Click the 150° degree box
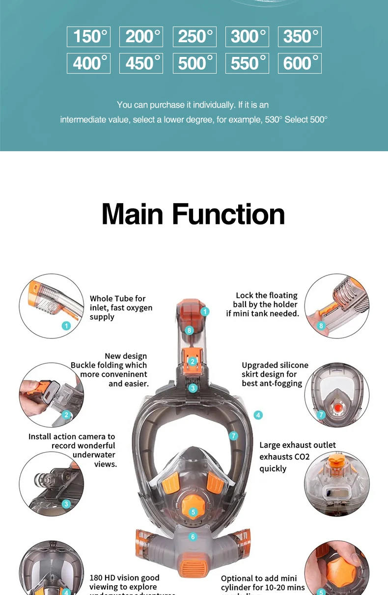[x=88, y=37]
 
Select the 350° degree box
[x=300, y=37]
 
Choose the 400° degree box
[x=88, y=63]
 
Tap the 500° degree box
[x=194, y=63]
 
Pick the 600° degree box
[x=300, y=63]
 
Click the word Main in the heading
[x=132, y=214]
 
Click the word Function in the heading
[x=228, y=214]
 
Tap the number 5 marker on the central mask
[x=193, y=512]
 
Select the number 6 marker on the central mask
[x=193, y=537]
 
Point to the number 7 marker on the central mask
[x=233, y=435]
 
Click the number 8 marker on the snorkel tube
[x=190, y=330]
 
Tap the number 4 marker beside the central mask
[x=258, y=415]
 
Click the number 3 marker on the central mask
[x=193, y=388]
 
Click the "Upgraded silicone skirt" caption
[x=275, y=374]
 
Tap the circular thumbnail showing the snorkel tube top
[x=52, y=306]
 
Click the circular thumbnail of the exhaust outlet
[x=336, y=484]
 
